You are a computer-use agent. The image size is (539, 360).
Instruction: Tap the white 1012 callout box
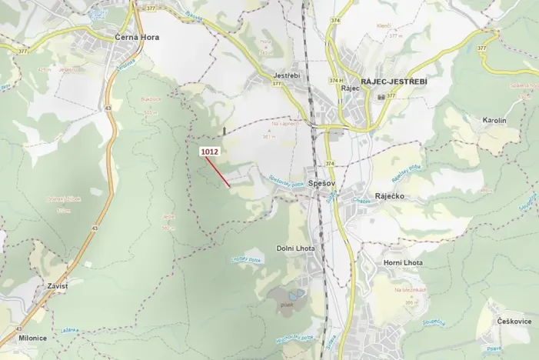point(210,152)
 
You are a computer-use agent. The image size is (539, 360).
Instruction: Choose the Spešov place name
point(318,185)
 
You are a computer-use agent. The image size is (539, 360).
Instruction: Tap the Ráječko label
point(391,196)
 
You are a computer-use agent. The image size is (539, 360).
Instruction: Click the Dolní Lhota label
point(295,248)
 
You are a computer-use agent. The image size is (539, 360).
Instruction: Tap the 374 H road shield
point(334,80)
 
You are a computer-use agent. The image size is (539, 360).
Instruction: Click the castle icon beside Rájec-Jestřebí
point(381,97)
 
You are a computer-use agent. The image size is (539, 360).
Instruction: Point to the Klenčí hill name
point(385,26)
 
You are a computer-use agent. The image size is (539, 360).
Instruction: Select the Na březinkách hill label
point(411,291)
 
